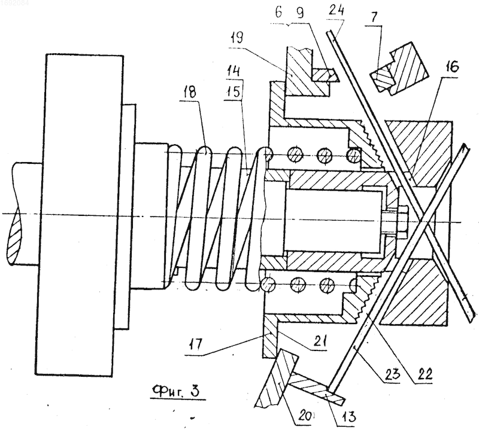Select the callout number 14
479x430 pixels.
point(234,71)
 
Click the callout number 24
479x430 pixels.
point(336,11)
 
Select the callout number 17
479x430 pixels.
point(196,345)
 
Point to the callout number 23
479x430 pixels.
point(392,373)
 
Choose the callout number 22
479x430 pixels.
point(425,373)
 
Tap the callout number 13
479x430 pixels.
point(348,416)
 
